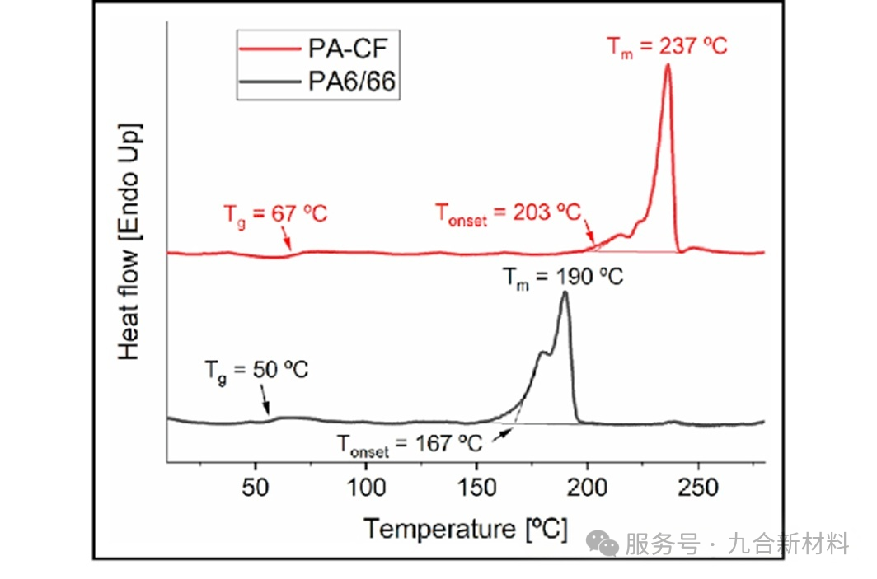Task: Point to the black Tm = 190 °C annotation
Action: [x=563, y=277]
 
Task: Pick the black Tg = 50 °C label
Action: [x=256, y=370]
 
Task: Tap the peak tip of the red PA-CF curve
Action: [x=667, y=65]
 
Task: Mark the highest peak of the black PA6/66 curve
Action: [x=565, y=293]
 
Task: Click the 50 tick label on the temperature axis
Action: [x=256, y=488]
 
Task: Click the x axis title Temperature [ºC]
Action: [x=466, y=528]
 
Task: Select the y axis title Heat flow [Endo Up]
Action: [x=129, y=241]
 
